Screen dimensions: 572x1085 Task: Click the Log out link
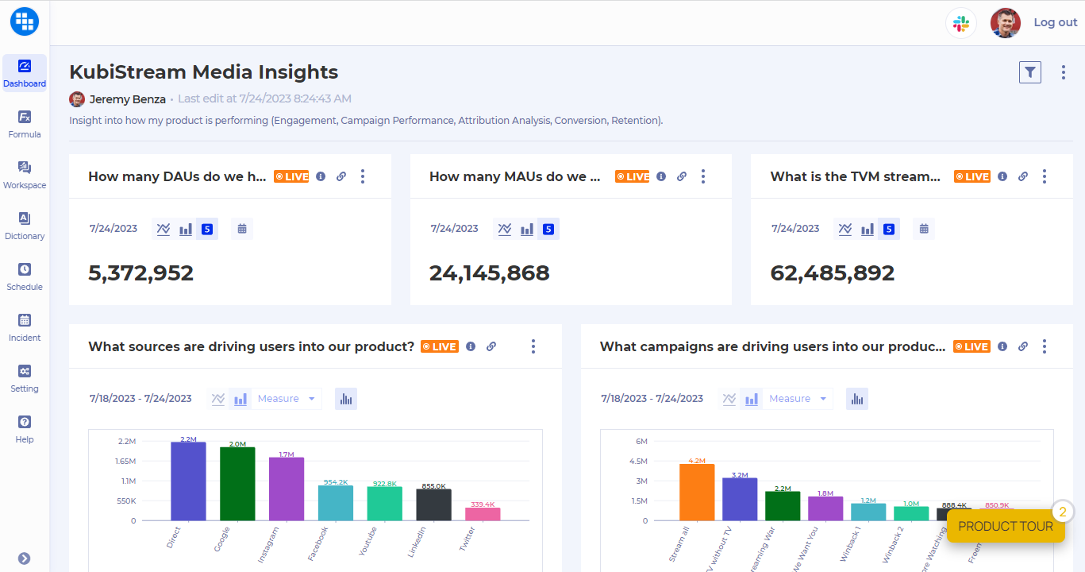click(1055, 22)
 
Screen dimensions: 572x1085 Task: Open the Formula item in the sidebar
click(25, 124)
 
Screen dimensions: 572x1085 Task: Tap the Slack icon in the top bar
click(961, 23)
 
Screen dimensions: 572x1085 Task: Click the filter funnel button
click(1029, 72)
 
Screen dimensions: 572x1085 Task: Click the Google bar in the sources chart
click(237, 484)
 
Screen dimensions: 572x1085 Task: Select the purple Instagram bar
click(287, 489)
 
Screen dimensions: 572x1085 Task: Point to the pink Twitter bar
click(483, 514)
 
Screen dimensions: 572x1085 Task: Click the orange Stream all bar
click(697, 492)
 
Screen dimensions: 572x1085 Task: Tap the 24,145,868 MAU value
click(489, 273)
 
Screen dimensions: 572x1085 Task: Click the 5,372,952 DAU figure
click(140, 273)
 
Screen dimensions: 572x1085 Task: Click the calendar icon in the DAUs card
click(242, 229)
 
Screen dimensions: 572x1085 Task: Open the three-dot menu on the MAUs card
click(702, 176)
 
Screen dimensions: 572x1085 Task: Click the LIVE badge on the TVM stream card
click(971, 176)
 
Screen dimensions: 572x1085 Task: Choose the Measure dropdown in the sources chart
click(286, 399)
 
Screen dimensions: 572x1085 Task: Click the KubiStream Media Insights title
click(203, 72)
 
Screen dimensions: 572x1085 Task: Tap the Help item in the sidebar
click(25, 429)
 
